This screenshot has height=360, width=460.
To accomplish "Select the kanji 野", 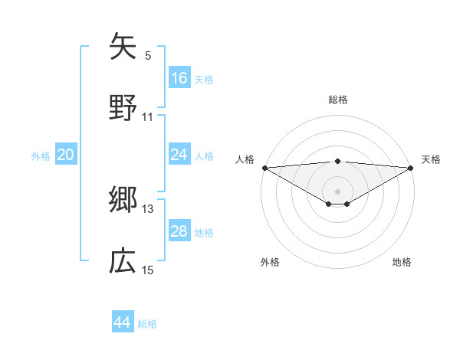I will click(123, 106).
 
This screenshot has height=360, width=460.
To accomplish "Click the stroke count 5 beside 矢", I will click(148, 55).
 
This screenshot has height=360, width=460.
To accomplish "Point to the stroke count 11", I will click(148, 117).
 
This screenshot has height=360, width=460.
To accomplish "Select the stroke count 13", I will click(148, 208).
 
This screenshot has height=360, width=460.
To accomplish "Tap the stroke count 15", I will click(148, 270).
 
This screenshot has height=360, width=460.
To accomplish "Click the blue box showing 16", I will click(179, 78).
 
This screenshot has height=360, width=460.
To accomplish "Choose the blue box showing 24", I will click(179, 155).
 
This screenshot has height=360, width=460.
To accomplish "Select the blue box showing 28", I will click(179, 231).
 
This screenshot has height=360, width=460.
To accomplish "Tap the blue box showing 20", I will click(66, 155).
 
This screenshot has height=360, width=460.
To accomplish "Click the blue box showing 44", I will click(123, 322).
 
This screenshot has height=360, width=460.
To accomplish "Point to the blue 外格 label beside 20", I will click(41, 156).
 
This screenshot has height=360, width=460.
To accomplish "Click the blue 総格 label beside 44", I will click(147, 324).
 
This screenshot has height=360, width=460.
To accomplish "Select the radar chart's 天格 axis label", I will click(431, 159).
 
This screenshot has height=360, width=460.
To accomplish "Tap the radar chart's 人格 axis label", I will click(245, 159).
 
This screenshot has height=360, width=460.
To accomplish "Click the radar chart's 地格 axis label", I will click(402, 262).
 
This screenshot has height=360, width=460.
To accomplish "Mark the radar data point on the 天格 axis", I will click(411, 168).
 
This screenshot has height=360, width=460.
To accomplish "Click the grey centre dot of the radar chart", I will click(337, 191).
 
